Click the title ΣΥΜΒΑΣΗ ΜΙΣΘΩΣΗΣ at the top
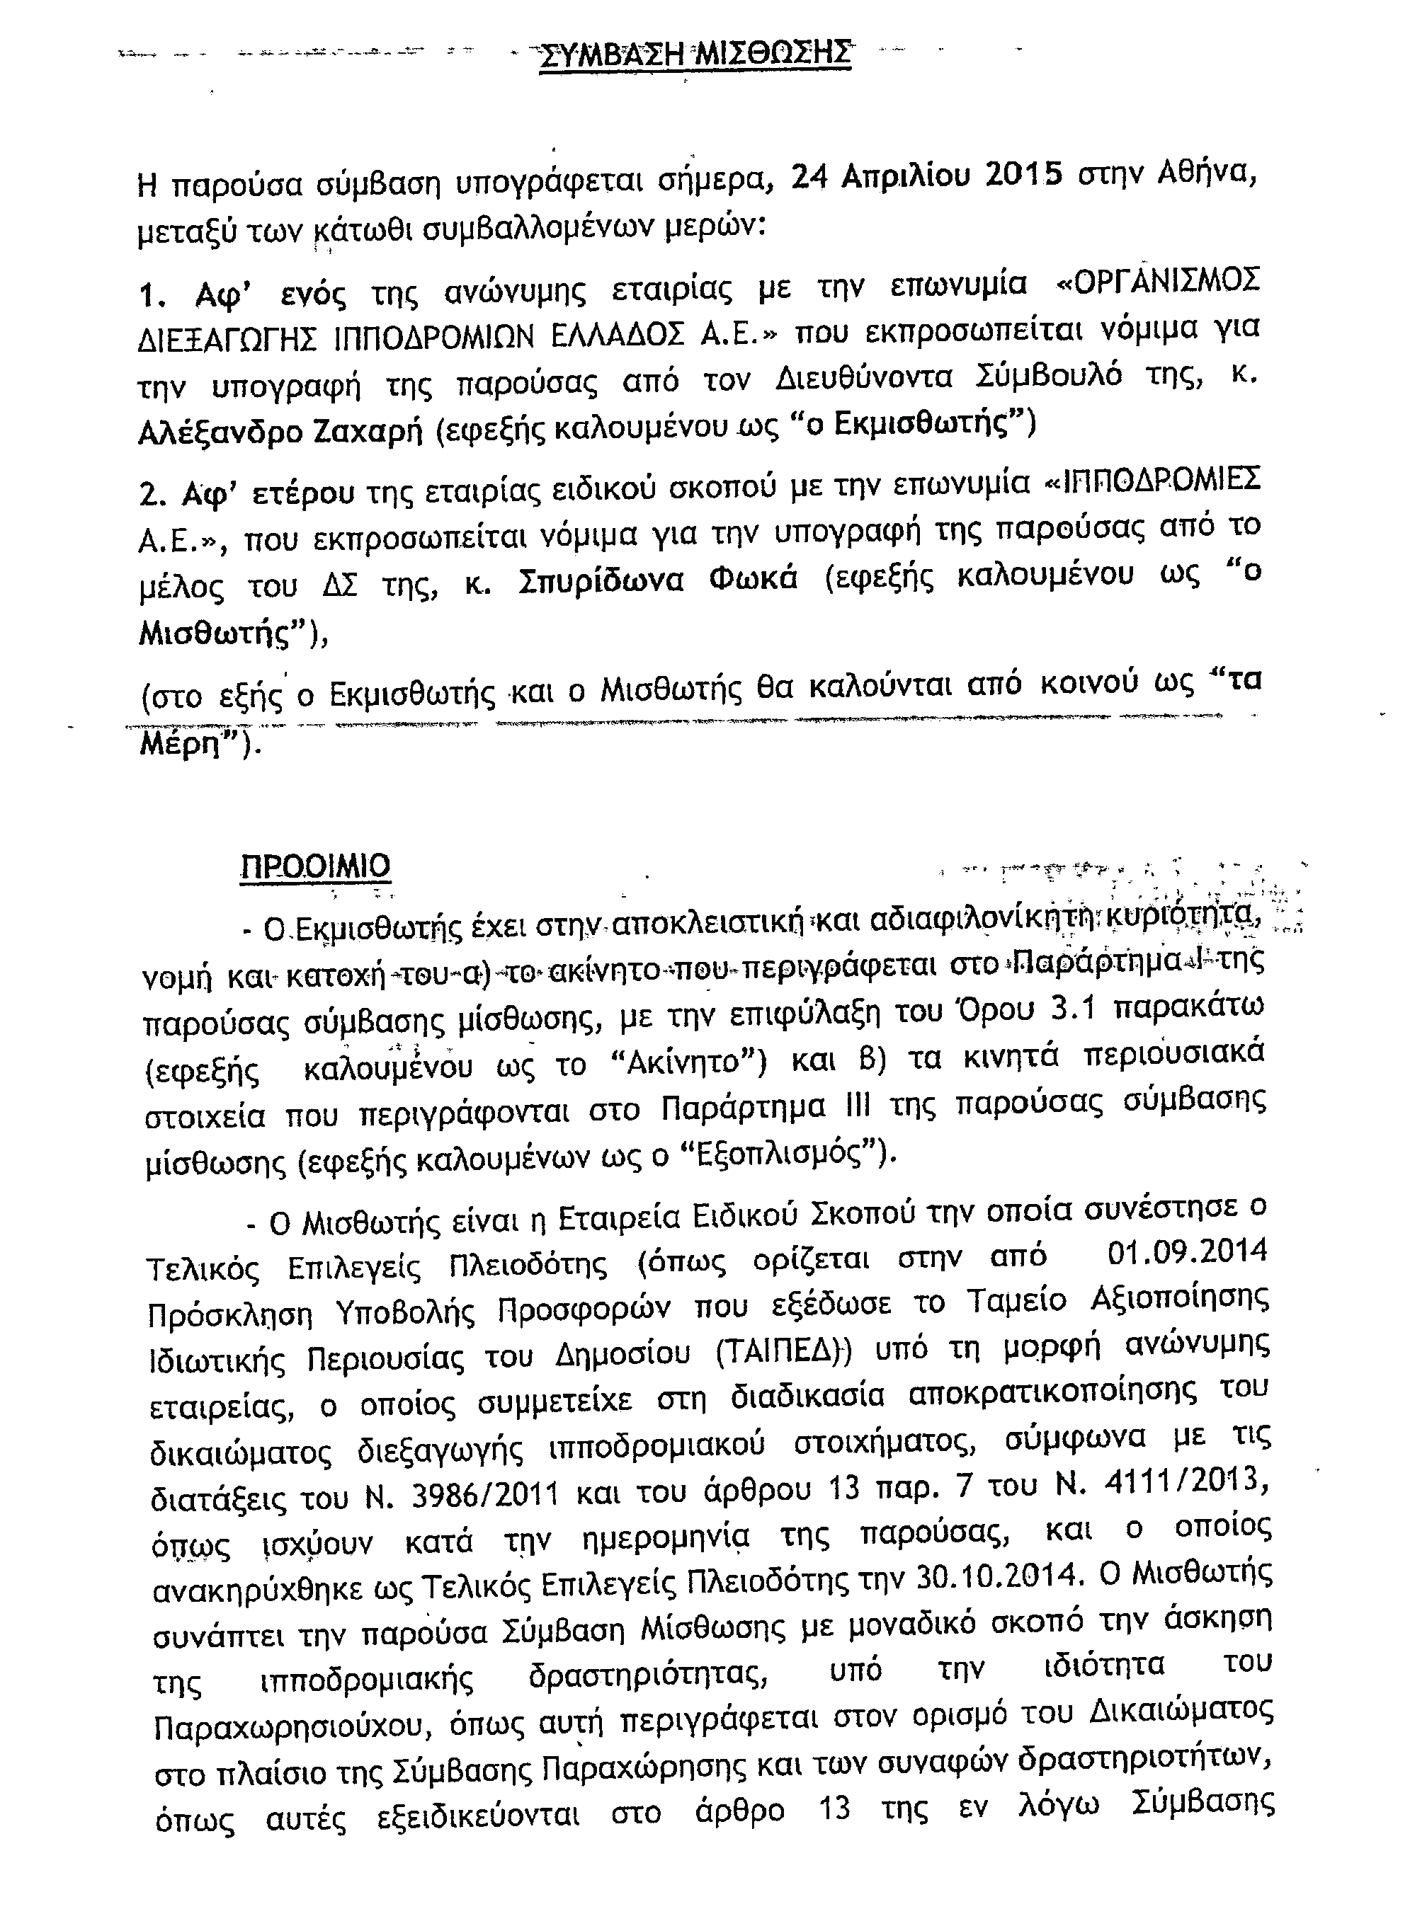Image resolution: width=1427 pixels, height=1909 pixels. click(x=695, y=55)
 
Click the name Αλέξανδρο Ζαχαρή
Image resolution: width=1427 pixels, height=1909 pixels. click(x=280, y=432)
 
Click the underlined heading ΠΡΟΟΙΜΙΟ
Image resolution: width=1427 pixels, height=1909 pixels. click(x=315, y=866)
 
